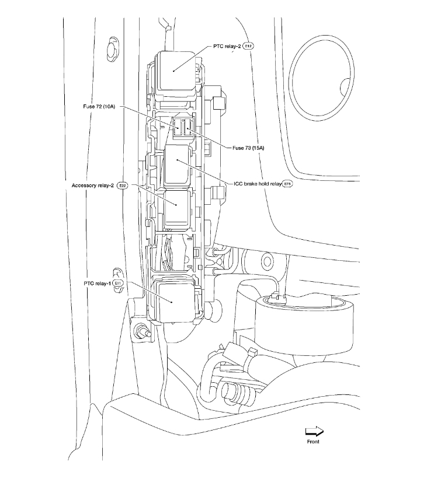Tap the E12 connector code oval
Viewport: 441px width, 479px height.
248,45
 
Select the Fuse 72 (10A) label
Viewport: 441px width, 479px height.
99,107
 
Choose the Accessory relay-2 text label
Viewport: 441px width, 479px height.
93,186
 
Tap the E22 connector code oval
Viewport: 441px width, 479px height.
122,186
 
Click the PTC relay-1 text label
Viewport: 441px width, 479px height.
97,282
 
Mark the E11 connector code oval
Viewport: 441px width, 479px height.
118,282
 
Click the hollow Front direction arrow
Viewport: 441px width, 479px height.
314,432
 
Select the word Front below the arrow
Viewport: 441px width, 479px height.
313,442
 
